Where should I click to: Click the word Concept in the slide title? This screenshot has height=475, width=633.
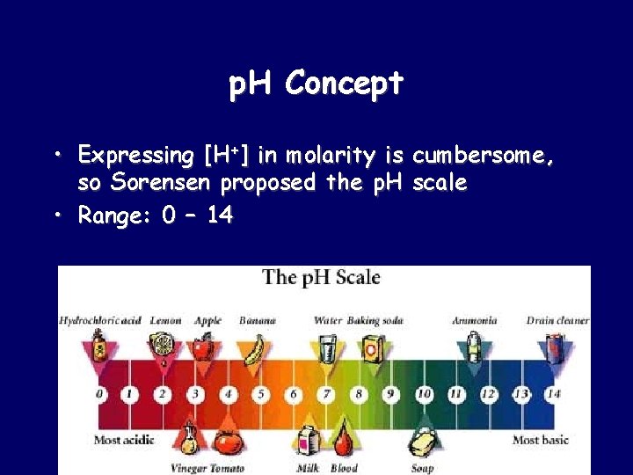click(344, 84)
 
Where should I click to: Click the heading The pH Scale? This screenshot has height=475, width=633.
click(321, 278)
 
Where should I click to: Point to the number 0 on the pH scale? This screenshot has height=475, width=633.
click(100, 393)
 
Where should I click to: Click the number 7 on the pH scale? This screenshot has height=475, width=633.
click(327, 393)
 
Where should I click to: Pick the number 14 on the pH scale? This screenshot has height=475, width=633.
click(552, 393)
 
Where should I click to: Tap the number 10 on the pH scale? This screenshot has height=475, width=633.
click(424, 393)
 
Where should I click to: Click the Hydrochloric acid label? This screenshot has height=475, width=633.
click(100, 321)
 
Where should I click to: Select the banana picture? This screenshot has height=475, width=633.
click(255, 350)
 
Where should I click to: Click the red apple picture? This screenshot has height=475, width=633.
click(204, 348)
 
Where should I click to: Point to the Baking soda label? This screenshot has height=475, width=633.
click(375, 321)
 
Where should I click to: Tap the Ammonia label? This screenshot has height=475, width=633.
click(475, 321)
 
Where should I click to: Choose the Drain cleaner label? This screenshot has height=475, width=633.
click(557, 321)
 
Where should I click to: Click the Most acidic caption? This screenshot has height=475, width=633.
click(124, 440)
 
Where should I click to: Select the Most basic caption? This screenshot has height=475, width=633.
click(541, 440)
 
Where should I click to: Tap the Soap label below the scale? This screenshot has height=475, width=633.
click(422, 468)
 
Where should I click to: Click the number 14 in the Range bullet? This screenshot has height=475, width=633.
click(220, 216)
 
